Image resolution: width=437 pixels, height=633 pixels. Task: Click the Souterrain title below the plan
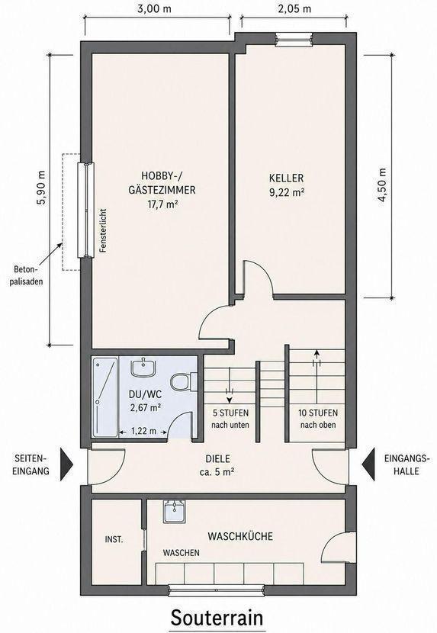click(217, 617)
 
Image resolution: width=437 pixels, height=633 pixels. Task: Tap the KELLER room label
click(286, 178)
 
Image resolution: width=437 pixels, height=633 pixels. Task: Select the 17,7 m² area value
click(162, 204)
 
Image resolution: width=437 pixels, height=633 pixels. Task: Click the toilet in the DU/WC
click(183, 381)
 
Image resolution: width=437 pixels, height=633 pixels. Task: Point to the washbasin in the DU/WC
click(143, 367)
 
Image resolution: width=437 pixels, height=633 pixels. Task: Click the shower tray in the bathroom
click(105, 397)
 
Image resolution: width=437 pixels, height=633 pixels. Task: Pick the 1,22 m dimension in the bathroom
click(143, 432)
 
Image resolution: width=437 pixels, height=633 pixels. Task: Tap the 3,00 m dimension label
click(154, 9)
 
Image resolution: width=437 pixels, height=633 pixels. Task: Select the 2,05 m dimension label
click(294, 9)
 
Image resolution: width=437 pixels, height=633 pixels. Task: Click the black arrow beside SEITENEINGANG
click(66, 464)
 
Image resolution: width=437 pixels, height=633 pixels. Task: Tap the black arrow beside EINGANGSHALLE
click(368, 464)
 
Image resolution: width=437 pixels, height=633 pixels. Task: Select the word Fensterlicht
click(104, 230)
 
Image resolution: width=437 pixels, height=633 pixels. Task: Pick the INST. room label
click(114, 539)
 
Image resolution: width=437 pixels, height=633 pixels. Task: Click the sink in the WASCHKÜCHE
click(175, 512)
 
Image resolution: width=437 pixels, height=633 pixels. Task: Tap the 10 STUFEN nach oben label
click(318, 419)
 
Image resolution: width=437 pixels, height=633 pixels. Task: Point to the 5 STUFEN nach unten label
click(230, 419)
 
